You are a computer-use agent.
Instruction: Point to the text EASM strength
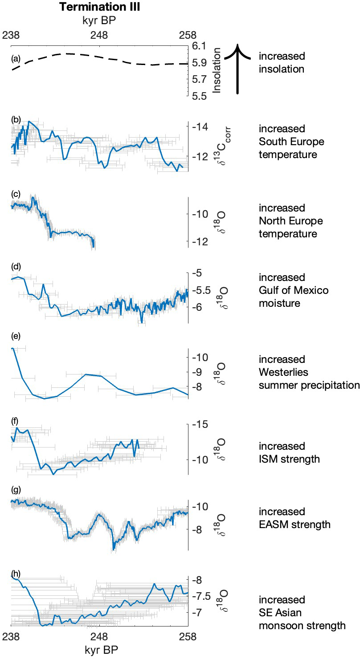[295, 524]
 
